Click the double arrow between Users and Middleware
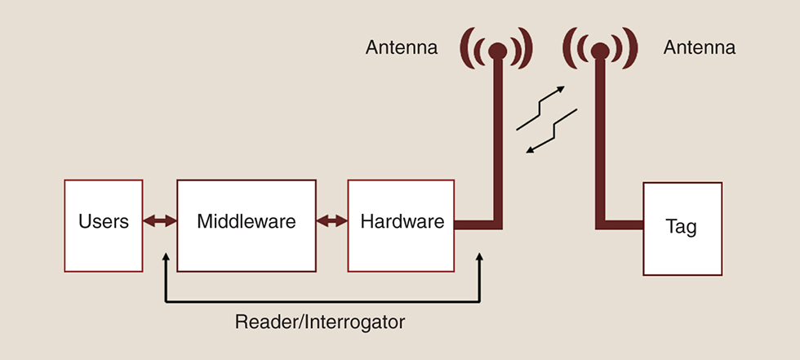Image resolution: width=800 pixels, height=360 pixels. pyautogui.click(x=160, y=221)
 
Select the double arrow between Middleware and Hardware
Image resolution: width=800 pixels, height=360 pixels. pyautogui.click(x=332, y=221)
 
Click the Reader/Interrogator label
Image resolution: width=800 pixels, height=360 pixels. pyautogui.click(x=320, y=322)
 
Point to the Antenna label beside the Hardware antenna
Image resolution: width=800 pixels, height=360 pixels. pyautogui.click(x=401, y=48)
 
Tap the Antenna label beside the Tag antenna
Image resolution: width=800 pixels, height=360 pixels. pyautogui.click(x=700, y=48)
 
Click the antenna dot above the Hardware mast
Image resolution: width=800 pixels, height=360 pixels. pyautogui.click(x=497, y=51)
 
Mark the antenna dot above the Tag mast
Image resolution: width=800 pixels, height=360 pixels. pyautogui.click(x=600, y=51)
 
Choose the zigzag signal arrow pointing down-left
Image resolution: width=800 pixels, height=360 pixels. pyautogui.click(x=553, y=131)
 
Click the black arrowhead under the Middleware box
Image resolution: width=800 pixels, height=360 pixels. pyautogui.click(x=166, y=258)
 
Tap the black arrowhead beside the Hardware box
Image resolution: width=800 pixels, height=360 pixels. pyautogui.click(x=480, y=258)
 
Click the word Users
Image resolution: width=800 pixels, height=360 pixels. pyautogui.click(x=104, y=221)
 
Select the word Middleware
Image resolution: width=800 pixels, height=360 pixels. pyautogui.click(x=247, y=221)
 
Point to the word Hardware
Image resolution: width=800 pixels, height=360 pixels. pyautogui.click(x=402, y=221)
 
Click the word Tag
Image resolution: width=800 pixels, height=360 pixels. pyautogui.click(x=682, y=227)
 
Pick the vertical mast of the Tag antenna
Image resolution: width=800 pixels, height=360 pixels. pyautogui.click(x=600, y=139)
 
